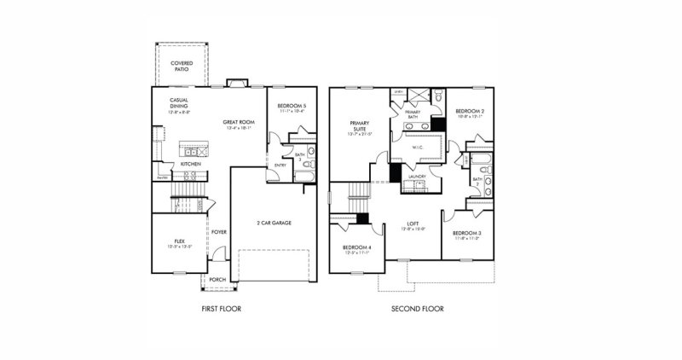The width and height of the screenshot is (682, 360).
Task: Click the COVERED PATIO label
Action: coord(181,66)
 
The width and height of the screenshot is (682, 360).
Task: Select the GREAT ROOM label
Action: coord(235,123)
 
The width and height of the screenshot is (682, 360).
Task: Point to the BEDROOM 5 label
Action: coord(292,107)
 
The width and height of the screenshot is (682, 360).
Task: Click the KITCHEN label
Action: coord(190,164)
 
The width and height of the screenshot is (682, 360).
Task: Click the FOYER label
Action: coord(219,231)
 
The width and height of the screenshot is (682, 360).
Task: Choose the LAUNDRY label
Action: coord(417,177)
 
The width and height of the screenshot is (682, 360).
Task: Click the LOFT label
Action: coord(413,224)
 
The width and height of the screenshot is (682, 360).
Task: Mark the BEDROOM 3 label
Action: coord(466,234)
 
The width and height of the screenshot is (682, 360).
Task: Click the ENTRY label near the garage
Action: coord(280,165)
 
